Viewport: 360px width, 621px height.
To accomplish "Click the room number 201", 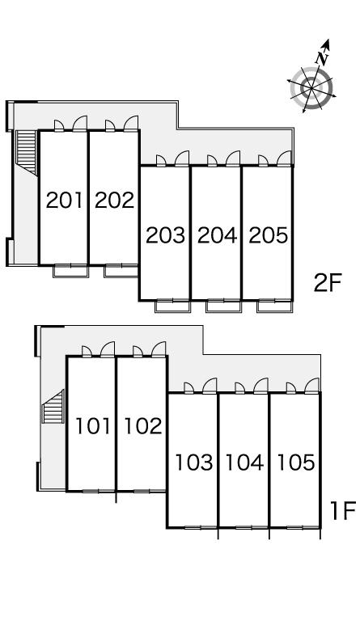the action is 65,200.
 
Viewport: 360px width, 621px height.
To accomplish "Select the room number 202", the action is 115,200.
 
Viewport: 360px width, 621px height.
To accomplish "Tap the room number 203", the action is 166,235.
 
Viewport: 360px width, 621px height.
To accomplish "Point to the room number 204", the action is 217,235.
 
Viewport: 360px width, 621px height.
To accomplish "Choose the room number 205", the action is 268,235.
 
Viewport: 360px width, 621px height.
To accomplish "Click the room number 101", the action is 93,426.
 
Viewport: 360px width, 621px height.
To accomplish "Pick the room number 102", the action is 143,426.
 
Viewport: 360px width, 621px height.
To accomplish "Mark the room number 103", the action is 193,463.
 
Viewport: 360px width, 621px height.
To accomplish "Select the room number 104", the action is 244,463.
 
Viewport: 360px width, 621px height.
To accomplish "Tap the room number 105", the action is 296,463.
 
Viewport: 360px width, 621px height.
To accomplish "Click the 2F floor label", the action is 327,283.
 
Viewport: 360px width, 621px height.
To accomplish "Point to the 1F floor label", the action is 343,510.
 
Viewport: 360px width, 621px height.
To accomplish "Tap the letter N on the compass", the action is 322,58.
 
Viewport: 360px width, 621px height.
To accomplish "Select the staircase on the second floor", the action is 26,152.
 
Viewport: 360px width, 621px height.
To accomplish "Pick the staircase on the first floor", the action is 53,407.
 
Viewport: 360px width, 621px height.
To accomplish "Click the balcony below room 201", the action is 70,271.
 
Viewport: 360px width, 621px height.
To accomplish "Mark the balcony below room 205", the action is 275,306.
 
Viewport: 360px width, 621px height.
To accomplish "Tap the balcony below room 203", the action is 172,306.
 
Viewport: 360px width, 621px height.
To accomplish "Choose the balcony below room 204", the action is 224,306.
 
